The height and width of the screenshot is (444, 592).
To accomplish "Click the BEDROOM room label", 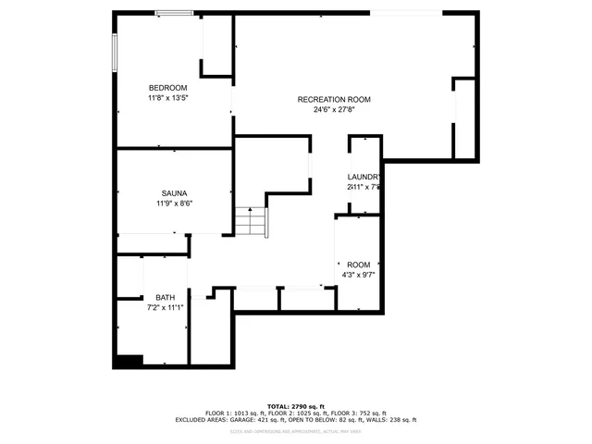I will (167, 88).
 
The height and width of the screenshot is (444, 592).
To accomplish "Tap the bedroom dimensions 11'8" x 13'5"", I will (167, 97).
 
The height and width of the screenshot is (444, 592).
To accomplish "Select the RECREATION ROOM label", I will (334, 100).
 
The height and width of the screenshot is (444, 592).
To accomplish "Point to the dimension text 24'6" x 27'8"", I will (334, 109).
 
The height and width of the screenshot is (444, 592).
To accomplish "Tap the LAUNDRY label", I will (364, 177).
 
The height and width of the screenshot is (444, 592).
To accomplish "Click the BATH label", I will (165, 298).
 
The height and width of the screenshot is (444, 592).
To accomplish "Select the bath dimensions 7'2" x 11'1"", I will (165, 308).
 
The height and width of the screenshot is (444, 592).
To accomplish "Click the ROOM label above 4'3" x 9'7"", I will (359, 265).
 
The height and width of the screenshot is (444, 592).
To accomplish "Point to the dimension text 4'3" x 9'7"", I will (359, 275).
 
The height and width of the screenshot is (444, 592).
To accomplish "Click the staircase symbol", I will (250, 222).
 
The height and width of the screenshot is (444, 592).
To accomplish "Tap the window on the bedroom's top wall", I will (175, 13).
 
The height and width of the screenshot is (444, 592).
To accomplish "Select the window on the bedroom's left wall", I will (116, 54).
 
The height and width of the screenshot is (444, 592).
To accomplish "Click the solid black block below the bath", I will (129, 362).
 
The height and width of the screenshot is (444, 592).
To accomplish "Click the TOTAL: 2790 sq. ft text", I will (296, 406).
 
